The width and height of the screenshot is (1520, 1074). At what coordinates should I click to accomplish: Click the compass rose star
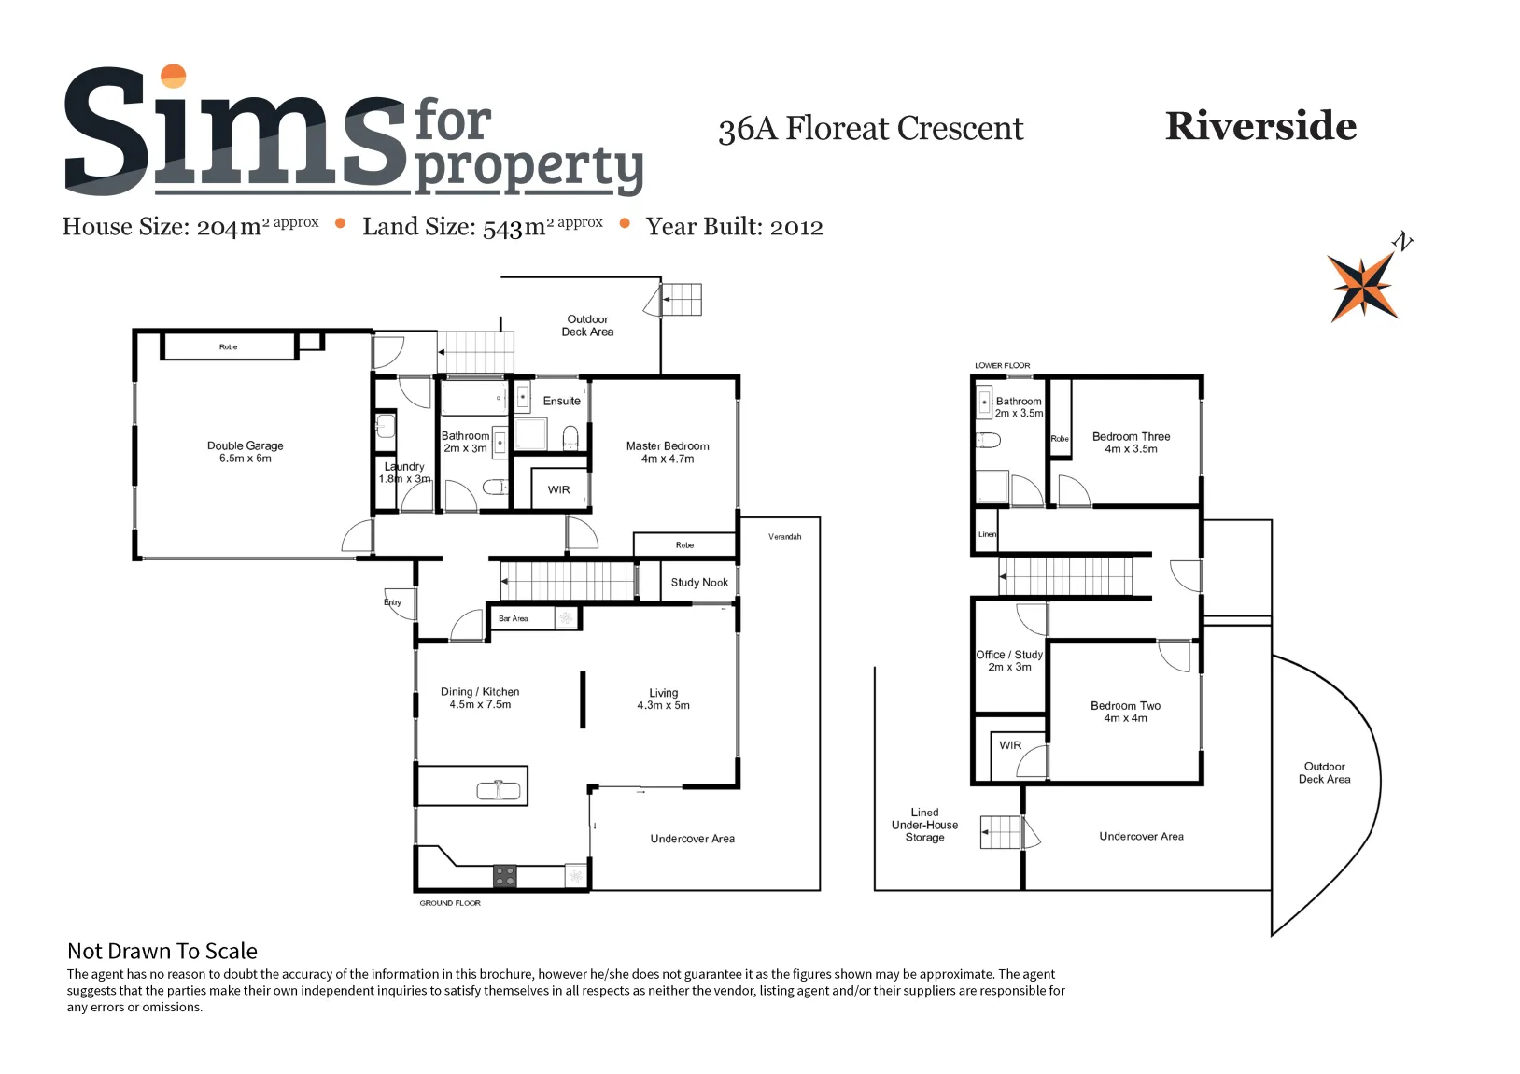pyautogui.click(x=1362, y=287)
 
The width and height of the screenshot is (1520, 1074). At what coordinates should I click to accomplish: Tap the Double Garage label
pyautogui.click(x=245, y=451)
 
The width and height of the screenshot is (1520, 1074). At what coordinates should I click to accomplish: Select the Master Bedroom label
pyautogui.click(x=668, y=452)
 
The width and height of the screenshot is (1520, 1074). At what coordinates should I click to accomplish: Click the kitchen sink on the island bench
pyautogui.click(x=498, y=789)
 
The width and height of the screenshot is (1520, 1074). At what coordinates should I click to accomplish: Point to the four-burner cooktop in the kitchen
pyautogui.click(x=504, y=876)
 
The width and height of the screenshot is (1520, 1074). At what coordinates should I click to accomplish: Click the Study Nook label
pyautogui.click(x=699, y=583)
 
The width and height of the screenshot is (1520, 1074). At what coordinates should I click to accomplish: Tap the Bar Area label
pyautogui.click(x=513, y=618)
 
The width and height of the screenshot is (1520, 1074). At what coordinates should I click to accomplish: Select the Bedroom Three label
pyautogui.click(x=1132, y=443)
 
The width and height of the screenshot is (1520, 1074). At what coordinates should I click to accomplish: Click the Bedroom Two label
pyautogui.click(x=1126, y=712)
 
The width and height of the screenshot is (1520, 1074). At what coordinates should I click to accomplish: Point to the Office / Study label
pyautogui.click(x=1009, y=660)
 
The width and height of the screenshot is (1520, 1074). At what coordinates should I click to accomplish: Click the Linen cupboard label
pyautogui.click(x=987, y=534)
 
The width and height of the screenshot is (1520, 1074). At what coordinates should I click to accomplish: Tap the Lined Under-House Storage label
pyautogui.click(x=925, y=825)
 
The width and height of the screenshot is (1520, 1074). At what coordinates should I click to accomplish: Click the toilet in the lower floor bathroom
pyautogui.click(x=989, y=441)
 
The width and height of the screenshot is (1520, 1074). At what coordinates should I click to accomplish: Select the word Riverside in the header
pyautogui.click(x=1260, y=126)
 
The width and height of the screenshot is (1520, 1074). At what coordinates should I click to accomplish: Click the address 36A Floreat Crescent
pyautogui.click(x=870, y=128)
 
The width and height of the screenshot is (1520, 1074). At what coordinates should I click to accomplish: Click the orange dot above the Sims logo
pyautogui.click(x=174, y=76)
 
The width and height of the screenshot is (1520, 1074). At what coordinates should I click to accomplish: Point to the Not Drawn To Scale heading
pyautogui.click(x=162, y=951)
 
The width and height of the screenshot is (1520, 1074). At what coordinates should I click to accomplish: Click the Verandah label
pyautogui.click(x=784, y=536)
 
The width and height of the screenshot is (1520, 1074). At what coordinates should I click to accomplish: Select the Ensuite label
pyautogui.click(x=562, y=402)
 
